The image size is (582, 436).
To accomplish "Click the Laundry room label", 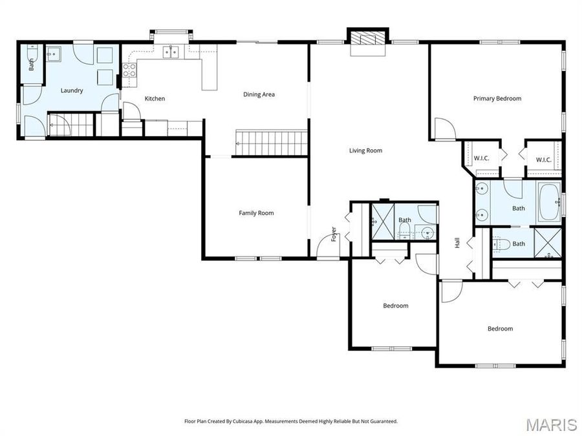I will pyautogui.click(x=72, y=91).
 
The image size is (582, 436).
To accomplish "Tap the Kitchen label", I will pyautogui.click(x=155, y=99).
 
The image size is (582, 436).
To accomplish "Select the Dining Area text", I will pyautogui.click(x=259, y=94).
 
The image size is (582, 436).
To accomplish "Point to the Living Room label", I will pyautogui.click(x=365, y=151).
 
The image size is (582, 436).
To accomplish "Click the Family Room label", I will pyautogui.click(x=256, y=213).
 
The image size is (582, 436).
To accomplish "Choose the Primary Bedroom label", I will pyautogui.click(x=497, y=99).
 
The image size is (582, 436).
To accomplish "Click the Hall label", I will pyautogui.click(x=457, y=243).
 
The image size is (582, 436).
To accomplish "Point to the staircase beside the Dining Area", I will pyautogui.click(x=270, y=142).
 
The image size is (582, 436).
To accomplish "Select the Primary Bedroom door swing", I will pyautogui.click(x=444, y=129).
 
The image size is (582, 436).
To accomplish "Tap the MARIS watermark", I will pyautogui.click(x=551, y=424).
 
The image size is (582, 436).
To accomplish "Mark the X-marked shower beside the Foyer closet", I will pyautogui.click(x=382, y=222).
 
